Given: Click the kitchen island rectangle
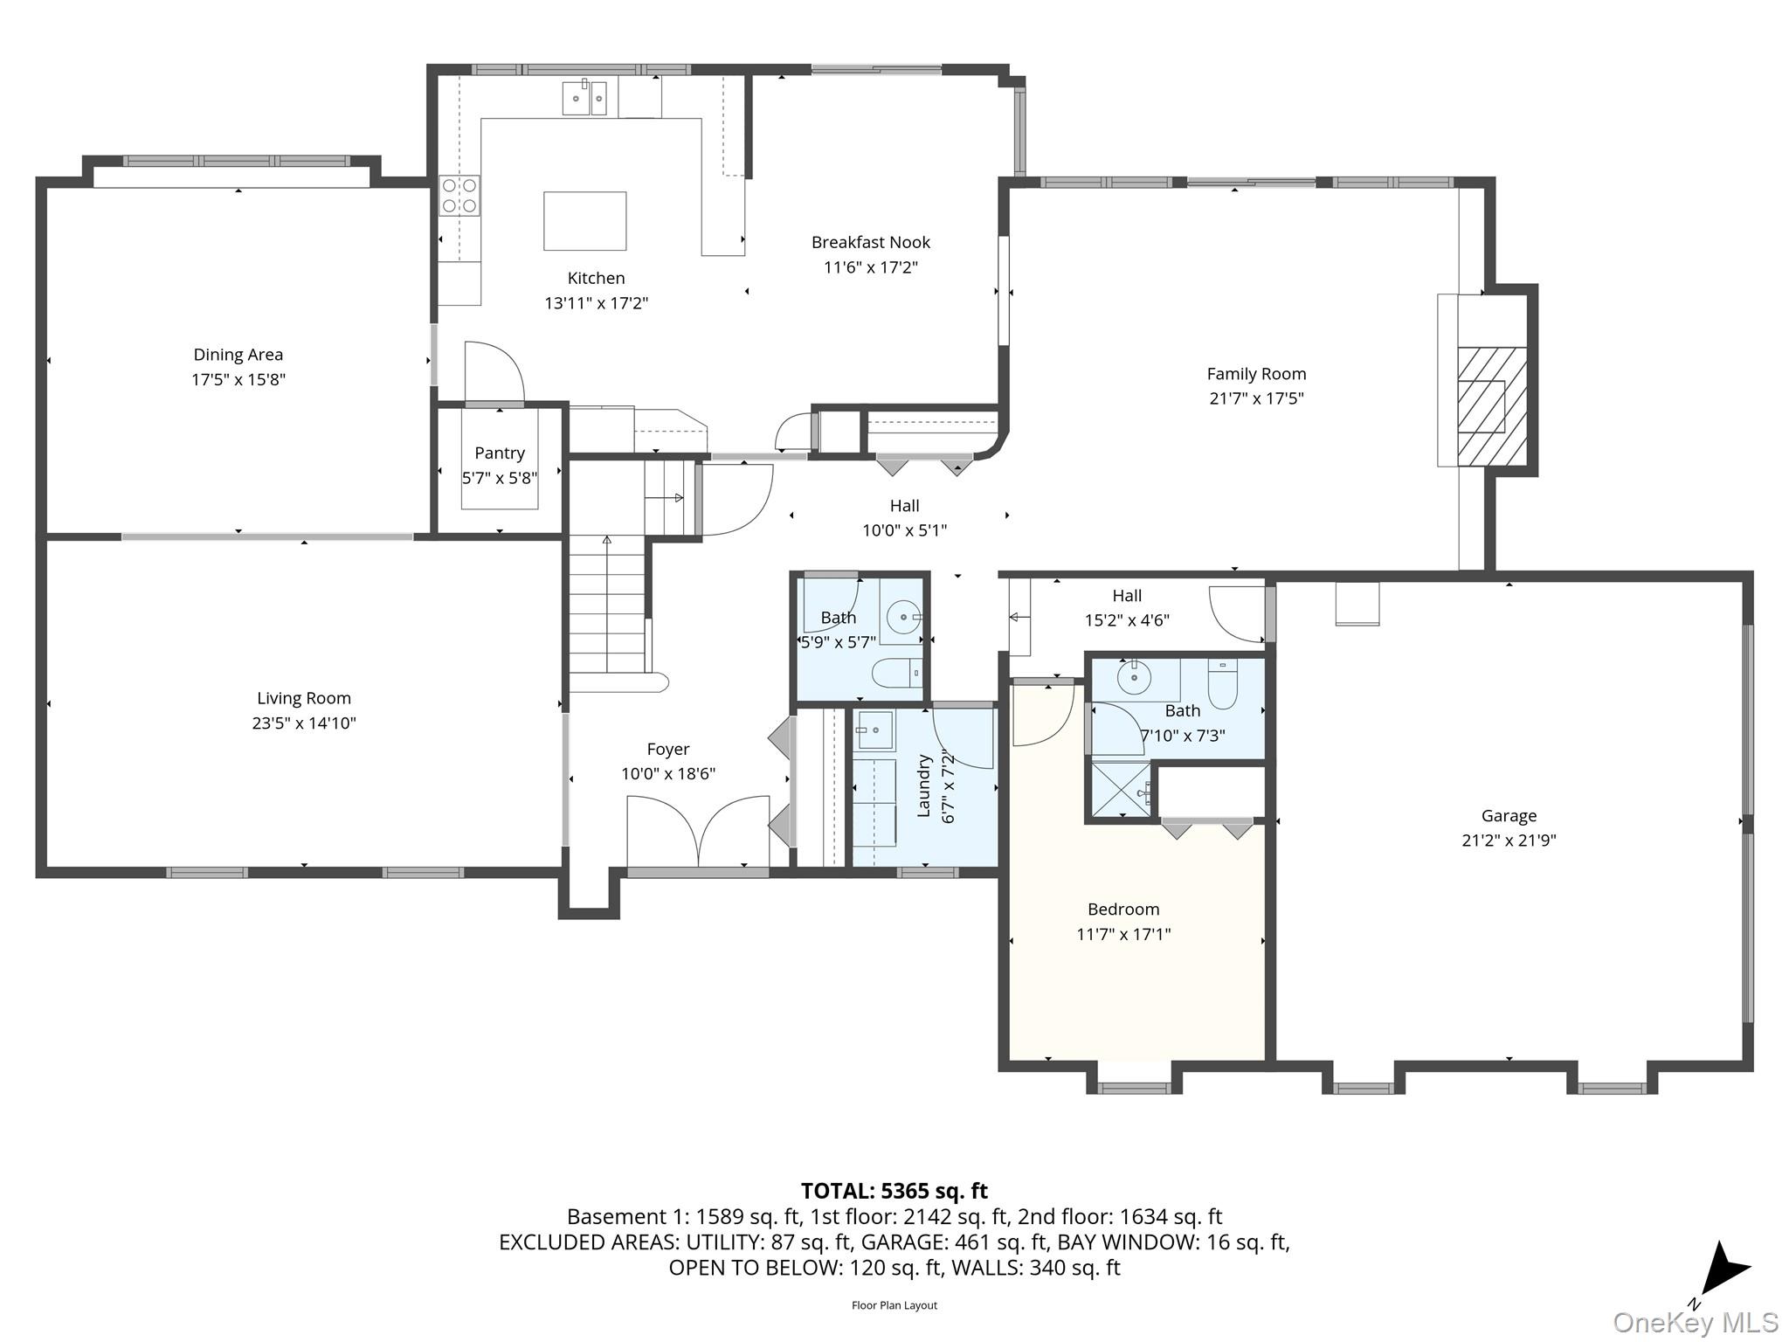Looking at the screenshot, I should [584, 221].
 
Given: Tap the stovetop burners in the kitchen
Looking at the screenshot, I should [459, 196].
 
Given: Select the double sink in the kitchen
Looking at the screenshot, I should [584, 98].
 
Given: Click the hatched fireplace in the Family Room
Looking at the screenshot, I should [1491, 406].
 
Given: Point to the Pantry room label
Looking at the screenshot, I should [500, 453].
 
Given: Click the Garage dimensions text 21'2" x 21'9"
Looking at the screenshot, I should [1509, 840].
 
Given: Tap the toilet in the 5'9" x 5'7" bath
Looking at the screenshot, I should [896, 673].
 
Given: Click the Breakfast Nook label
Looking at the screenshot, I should [870, 242].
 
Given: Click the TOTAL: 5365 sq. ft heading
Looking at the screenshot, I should [894, 1191].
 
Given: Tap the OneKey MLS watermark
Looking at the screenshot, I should [1695, 1323].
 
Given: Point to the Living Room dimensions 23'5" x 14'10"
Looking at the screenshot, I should [304, 723].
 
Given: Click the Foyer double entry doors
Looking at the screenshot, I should [698, 830].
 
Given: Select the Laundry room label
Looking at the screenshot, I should [923, 786].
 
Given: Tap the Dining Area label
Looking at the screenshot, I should [238, 355].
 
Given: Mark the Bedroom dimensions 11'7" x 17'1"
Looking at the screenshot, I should [1123, 934].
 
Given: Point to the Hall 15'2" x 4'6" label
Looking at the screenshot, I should [1127, 596].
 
